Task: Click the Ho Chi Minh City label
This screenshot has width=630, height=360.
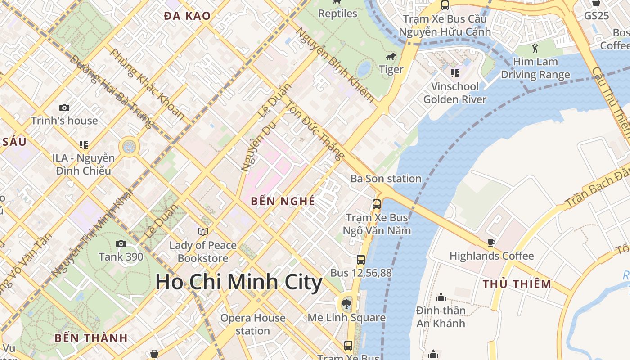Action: (239, 282)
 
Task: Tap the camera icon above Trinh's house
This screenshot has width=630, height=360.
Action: (64, 108)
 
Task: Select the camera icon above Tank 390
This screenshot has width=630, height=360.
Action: (121, 244)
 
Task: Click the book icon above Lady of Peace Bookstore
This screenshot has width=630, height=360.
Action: (203, 232)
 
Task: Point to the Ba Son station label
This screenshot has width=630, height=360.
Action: (386, 179)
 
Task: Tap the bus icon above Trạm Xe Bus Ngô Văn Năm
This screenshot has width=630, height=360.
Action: (377, 204)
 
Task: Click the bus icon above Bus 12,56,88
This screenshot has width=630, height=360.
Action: (361, 260)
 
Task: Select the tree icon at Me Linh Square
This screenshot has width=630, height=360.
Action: (346, 304)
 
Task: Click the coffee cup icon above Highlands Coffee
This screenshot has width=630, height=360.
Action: (491, 243)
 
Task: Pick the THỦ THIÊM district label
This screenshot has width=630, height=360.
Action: (517, 284)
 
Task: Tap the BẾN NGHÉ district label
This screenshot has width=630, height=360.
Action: (283, 201)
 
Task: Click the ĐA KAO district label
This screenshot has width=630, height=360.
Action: (187, 16)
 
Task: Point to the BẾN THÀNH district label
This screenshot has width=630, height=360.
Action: (91, 338)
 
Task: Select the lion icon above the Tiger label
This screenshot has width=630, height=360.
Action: (391, 57)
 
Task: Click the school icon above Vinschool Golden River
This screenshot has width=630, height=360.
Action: (455, 73)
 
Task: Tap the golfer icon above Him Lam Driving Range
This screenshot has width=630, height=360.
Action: (535, 48)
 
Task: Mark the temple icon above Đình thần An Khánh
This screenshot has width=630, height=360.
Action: (441, 297)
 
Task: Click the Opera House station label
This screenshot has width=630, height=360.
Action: (253, 324)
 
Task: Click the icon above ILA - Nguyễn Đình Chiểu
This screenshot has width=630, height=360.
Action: (83, 145)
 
